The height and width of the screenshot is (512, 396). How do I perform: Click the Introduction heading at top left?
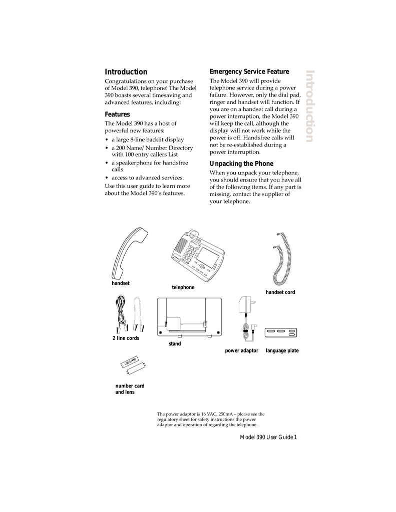[126, 72]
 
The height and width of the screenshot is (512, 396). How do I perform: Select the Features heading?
[117, 114]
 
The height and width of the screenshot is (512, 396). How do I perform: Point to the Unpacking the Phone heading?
[241, 164]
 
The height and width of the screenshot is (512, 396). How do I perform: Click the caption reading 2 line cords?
[126, 338]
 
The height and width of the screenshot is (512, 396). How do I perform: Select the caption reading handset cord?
[280, 292]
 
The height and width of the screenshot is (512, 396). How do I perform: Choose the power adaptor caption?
[241, 351]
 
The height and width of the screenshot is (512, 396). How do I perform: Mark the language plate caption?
[282, 351]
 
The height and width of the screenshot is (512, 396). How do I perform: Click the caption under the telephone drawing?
[183, 287]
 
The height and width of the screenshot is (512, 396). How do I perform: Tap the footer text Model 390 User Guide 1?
[268, 437]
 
